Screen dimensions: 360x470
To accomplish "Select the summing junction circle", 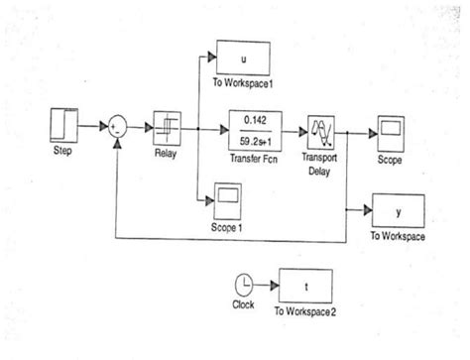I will click(118, 128).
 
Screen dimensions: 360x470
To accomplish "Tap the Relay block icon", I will click(167, 128).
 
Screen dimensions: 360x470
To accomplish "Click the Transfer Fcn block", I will click(257, 127).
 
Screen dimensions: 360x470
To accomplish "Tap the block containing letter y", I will click(398, 211).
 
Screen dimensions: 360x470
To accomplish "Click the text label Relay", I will click(166, 153).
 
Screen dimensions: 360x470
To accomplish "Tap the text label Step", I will click(62, 151).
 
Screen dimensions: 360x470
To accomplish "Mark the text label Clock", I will click(243, 304).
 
